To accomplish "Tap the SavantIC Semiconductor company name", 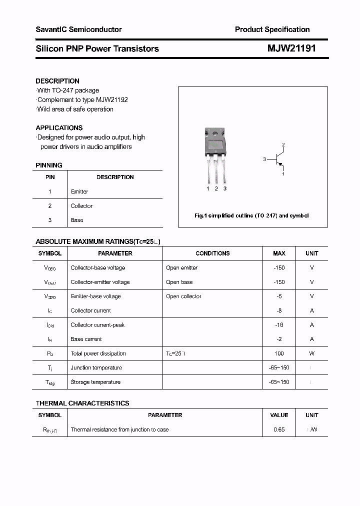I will [x=78, y=29].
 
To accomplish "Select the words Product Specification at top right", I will [x=272, y=29].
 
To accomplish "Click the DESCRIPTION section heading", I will [x=57, y=81].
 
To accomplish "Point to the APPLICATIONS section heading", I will [x=59, y=128].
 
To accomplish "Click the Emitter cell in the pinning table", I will [x=79, y=191].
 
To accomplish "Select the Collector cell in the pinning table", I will [x=81, y=206].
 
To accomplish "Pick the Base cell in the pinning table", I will [x=77, y=220].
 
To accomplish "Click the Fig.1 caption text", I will [x=251, y=215].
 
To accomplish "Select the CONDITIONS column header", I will [x=212, y=253].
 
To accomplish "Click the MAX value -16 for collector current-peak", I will [x=279, y=325].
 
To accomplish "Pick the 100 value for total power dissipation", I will [x=279, y=353].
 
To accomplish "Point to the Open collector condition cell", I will [x=183, y=296].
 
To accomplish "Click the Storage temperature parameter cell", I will [x=95, y=382].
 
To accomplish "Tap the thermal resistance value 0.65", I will [x=279, y=429].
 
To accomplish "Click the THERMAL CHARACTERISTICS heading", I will [x=82, y=403].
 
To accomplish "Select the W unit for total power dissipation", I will [x=311, y=353].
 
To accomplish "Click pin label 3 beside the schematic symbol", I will [x=264, y=159].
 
